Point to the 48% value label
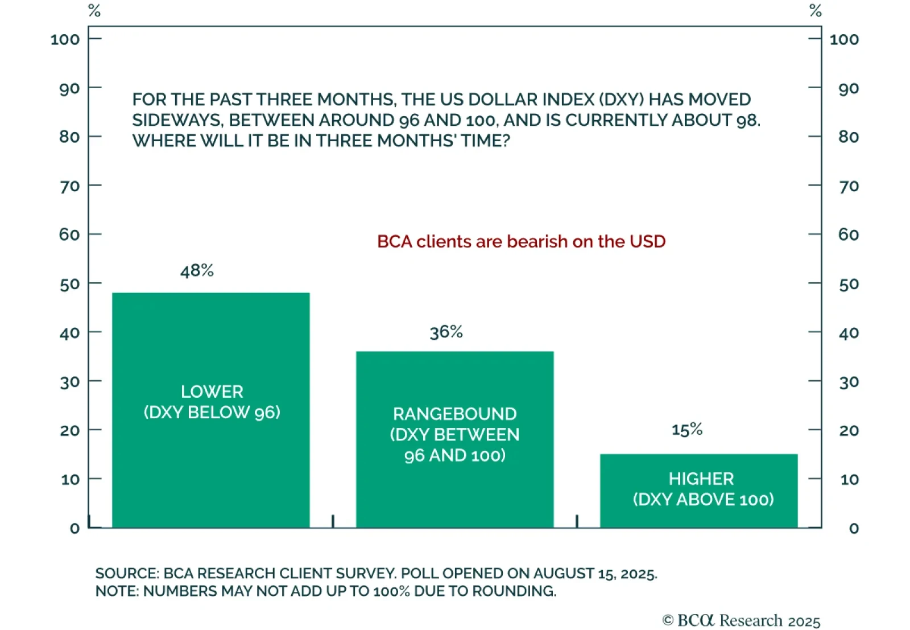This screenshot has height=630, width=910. pos(197,271)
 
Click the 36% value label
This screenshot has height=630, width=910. pos(446,332)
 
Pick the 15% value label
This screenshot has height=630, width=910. pos(686,429)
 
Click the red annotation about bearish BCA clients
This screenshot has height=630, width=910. pos(521,241)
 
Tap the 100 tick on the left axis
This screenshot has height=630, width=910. pos(65,39)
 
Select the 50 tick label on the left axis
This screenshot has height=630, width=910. pos(69,284)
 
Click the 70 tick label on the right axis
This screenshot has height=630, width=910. pos(849,186)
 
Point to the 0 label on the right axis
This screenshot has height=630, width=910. pos(854,528)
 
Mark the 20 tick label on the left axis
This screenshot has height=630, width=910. pos(69,430)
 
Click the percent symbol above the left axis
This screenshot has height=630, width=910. pos(94,11)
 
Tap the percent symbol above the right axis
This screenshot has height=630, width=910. pos(815,11)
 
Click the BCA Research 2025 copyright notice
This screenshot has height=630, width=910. pos(741,620)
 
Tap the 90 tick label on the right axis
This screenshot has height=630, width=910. pos(849,89)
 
